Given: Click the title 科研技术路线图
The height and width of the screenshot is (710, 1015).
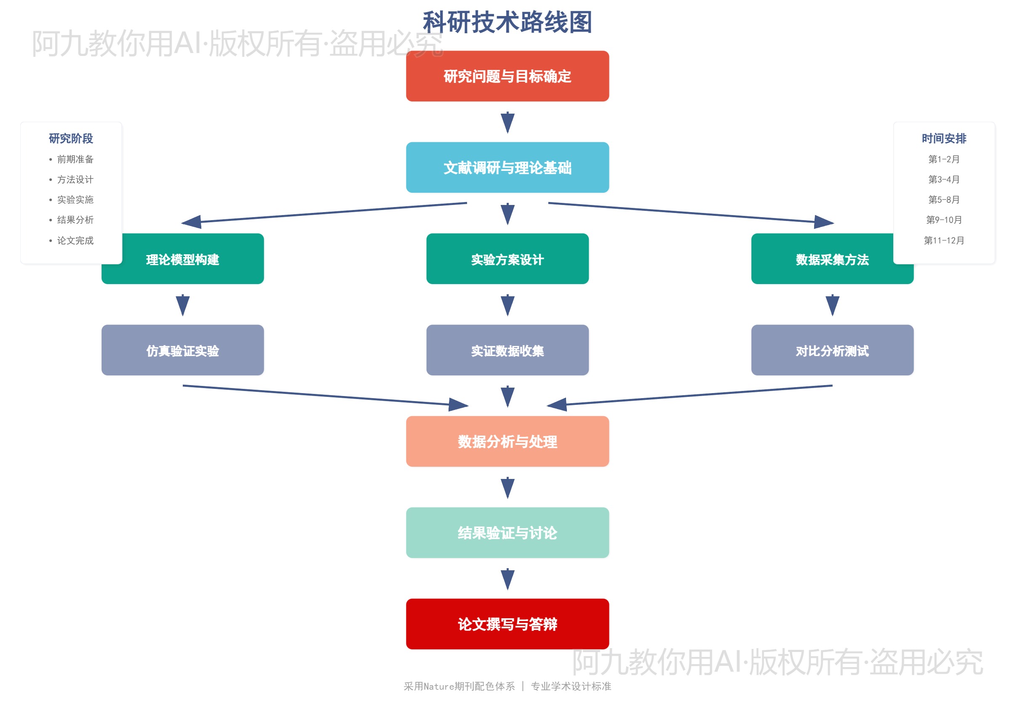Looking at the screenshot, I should click(x=507, y=22).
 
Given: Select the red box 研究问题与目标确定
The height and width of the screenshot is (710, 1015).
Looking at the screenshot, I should click(x=507, y=76).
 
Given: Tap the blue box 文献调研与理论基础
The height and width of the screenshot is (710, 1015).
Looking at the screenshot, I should click(x=507, y=168).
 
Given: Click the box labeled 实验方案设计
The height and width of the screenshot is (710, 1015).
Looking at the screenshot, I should click(x=507, y=259).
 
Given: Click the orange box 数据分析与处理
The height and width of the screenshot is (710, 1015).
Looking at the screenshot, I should click(x=507, y=441).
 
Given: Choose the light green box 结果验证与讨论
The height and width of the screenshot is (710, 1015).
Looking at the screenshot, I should click(x=507, y=532).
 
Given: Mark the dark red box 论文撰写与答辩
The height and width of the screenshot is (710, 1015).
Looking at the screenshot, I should click(x=507, y=624).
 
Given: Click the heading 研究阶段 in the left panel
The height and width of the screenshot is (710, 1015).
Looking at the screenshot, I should click(x=71, y=138).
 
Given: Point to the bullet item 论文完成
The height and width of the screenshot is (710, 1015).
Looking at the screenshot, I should click(x=75, y=240).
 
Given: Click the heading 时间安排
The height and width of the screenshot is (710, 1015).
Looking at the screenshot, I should click(x=944, y=138).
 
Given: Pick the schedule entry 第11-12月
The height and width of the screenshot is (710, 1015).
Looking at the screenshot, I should click(x=944, y=240).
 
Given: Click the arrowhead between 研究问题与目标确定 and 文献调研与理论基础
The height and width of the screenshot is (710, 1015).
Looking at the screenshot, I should click(x=507, y=122).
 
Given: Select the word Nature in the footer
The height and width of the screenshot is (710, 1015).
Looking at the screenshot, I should click(x=439, y=686).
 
